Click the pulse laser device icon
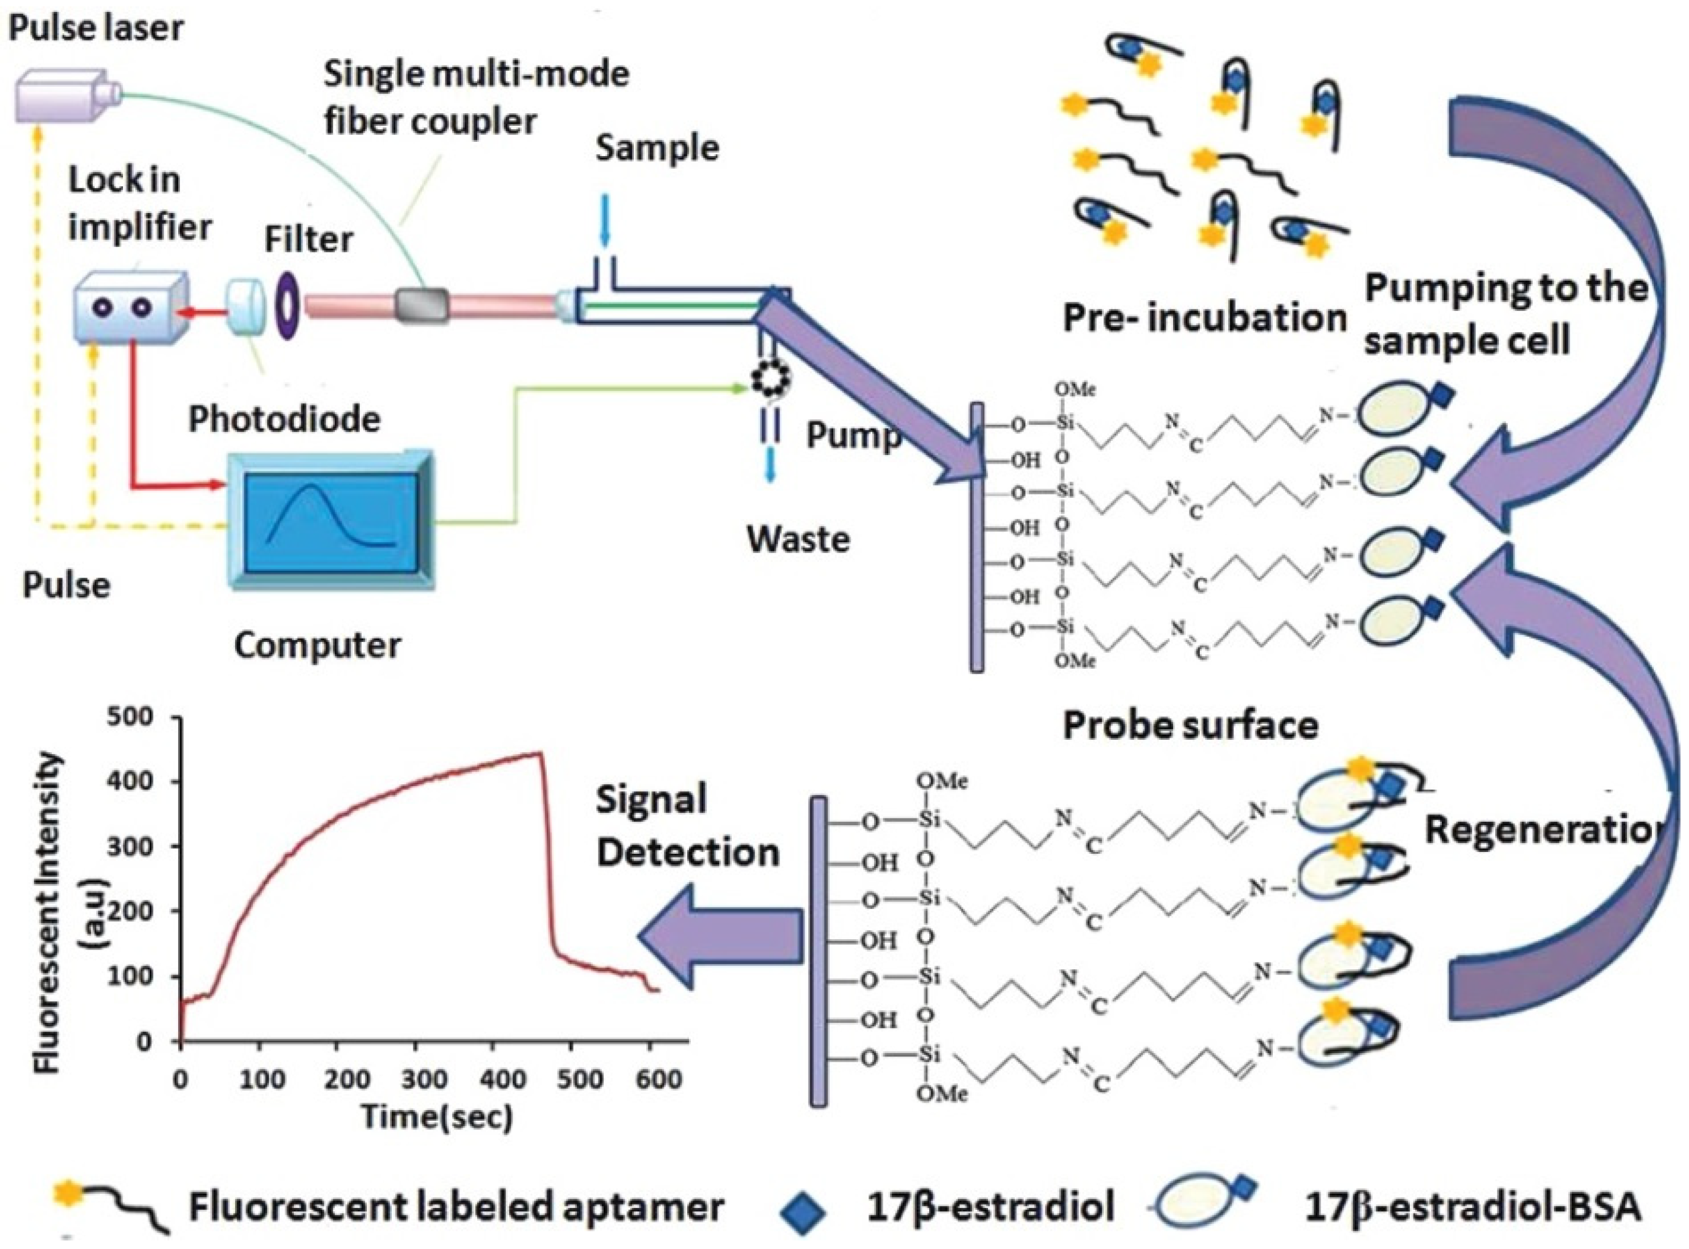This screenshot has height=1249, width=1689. tap(64, 95)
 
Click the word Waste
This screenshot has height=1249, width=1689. tap(798, 539)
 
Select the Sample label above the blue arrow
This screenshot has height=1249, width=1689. tap(656, 148)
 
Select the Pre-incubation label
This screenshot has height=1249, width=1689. tap(1204, 318)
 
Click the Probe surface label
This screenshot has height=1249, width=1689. tap(1191, 725)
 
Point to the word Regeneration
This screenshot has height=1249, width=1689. tap(1542, 829)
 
